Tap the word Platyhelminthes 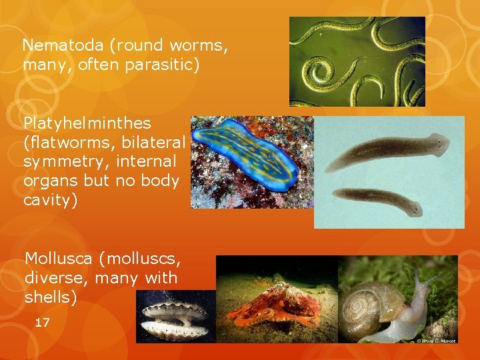(x=87, y=124)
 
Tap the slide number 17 (x=42, y=323)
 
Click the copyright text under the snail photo (x=437, y=340)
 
